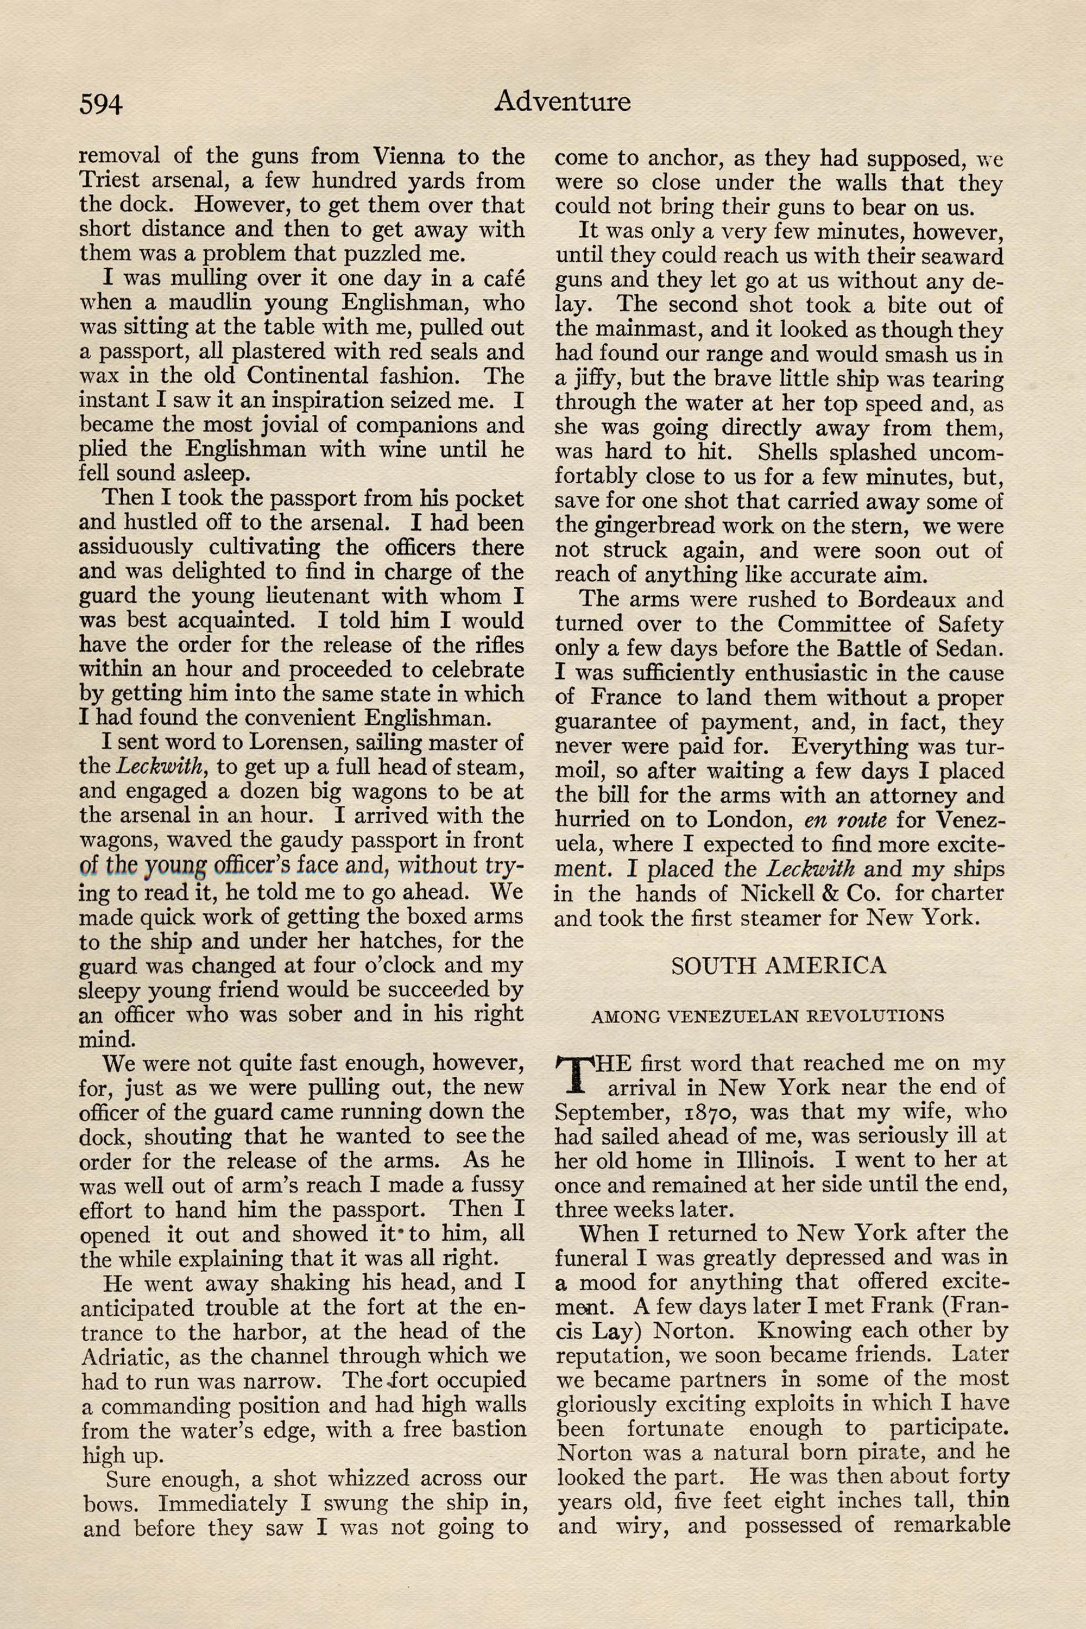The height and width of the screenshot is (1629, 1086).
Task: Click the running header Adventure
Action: (561, 102)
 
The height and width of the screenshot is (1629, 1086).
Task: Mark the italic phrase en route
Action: (845, 820)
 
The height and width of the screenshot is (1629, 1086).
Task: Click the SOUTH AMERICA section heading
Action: (779, 965)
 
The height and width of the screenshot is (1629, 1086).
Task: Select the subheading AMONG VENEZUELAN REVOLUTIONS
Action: (767, 1016)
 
